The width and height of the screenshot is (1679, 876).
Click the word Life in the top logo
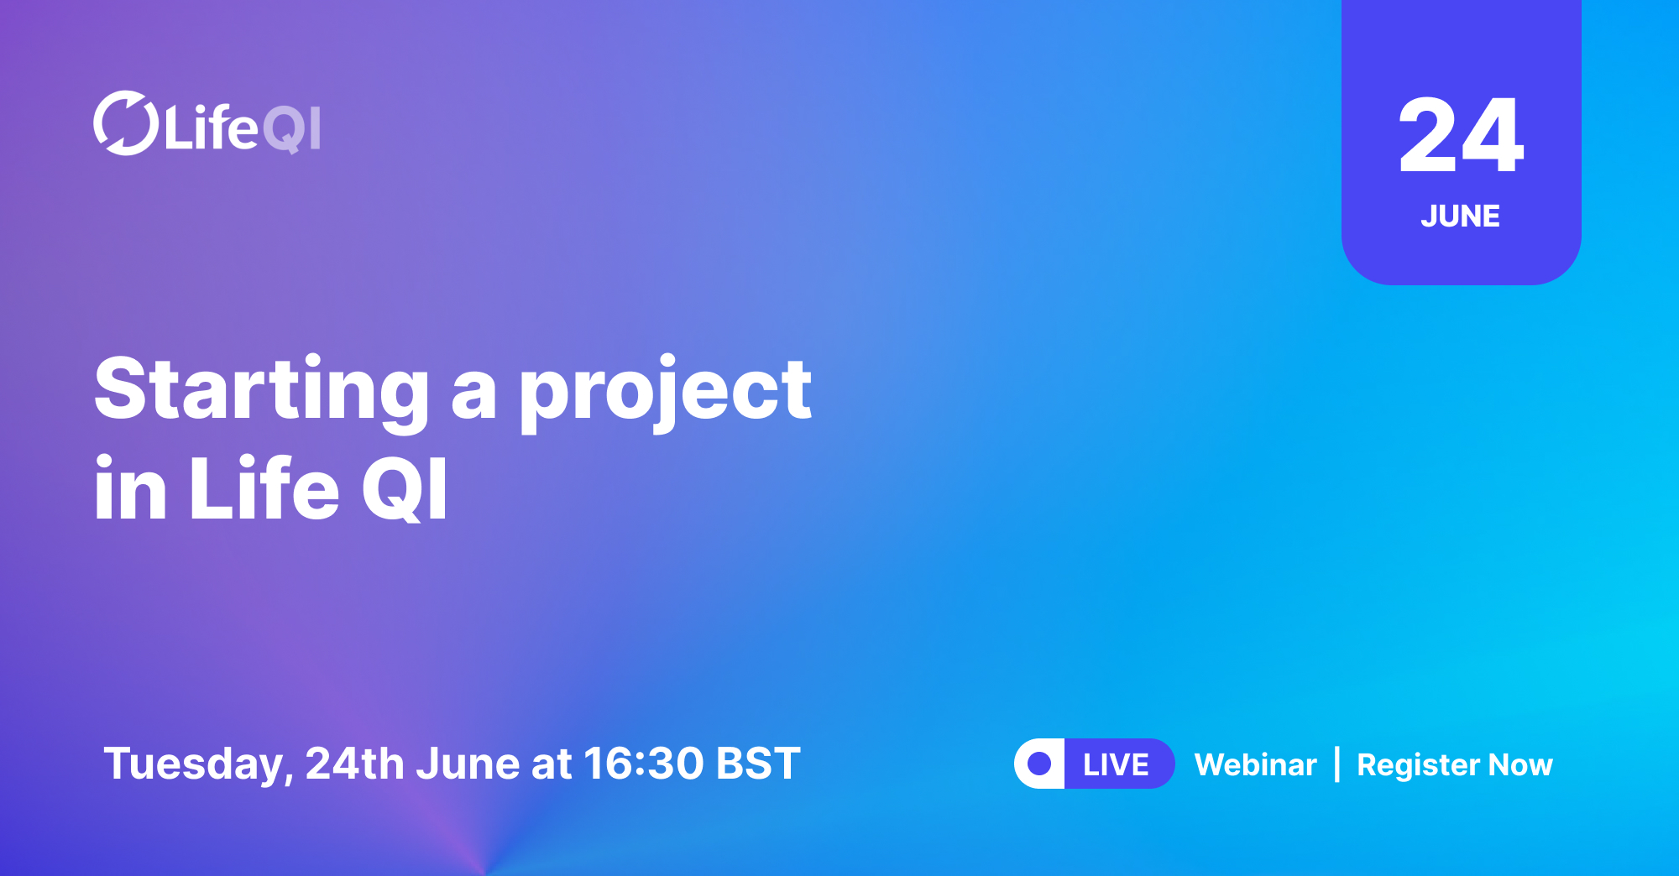click(211, 128)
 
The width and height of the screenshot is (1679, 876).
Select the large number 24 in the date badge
click(1461, 135)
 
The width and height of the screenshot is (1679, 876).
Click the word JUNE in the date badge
click(1461, 216)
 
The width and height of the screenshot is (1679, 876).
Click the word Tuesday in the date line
click(198, 764)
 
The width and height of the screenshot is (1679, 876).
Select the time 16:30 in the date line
click(644, 764)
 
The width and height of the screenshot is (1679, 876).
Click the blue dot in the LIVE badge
click(1039, 764)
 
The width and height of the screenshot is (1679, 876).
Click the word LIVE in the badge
click(1116, 764)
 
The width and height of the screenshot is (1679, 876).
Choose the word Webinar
click(1256, 764)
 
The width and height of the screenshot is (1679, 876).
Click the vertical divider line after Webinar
click(1337, 764)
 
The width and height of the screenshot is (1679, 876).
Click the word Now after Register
click(1520, 764)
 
